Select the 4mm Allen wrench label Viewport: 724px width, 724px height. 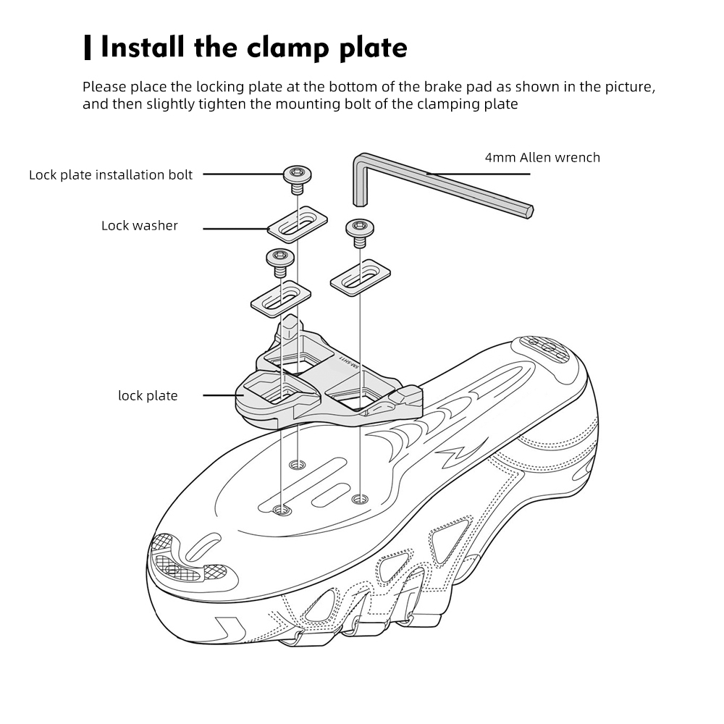542,157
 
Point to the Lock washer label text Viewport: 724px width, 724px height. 140,225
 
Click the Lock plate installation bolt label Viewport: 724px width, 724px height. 111,174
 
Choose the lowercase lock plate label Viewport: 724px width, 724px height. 148,395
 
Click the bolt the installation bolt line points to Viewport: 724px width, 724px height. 296,176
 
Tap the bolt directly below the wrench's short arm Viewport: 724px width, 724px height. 359,230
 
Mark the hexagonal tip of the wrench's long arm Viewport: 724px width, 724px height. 529,211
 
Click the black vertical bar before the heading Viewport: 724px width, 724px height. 88,48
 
